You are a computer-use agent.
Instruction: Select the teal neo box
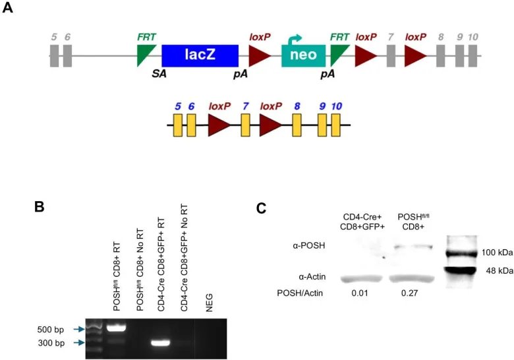click(x=303, y=56)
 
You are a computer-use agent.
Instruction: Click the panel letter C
click(x=262, y=210)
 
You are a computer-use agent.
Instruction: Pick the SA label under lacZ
click(x=159, y=73)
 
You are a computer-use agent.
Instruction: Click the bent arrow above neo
click(x=295, y=40)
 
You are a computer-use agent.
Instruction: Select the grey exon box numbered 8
click(x=440, y=55)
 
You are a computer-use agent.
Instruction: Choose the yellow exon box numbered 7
click(x=246, y=125)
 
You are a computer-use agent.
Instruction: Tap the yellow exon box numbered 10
click(x=336, y=125)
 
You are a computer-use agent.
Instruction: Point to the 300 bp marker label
click(x=51, y=343)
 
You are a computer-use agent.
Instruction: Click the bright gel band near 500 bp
click(x=116, y=328)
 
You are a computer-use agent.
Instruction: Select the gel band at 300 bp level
click(x=162, y=343)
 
